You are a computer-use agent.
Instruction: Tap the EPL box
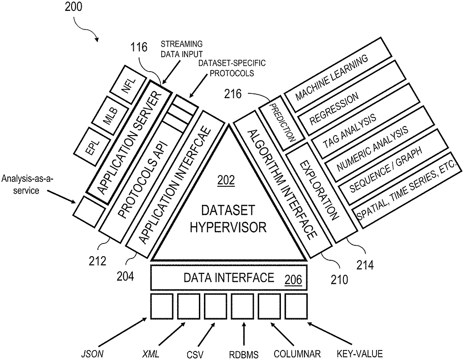point(92,147)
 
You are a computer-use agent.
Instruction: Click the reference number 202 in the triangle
point(226,180)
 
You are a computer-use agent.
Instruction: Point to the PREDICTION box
point(282,123)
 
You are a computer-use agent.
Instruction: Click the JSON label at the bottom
point(92,354)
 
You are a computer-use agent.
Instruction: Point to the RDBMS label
point(244,355)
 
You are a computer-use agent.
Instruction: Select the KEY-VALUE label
point(359,354)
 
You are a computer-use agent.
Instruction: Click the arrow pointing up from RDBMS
point(244,334)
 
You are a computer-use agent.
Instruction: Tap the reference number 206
point(293,279)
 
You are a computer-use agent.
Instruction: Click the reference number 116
point(139,47)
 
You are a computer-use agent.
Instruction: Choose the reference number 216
point(233,94)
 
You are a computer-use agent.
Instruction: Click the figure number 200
point(73,6)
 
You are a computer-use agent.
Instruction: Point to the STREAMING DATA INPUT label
point(182,49)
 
